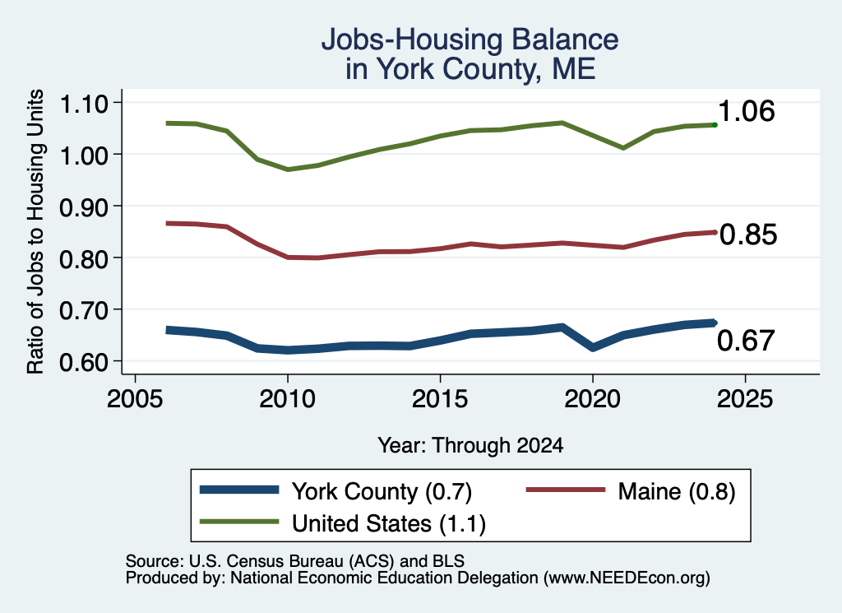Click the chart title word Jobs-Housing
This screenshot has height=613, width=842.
point(411,39)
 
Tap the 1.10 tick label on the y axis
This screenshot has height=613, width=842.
point(84,104)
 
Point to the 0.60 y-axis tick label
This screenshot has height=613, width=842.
point(84,362)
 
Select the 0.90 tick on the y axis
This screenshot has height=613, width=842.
point(84,207)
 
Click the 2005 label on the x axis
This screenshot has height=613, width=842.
point(136,398)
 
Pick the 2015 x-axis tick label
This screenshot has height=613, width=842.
point(440,398)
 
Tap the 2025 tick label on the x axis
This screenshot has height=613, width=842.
point(745,398)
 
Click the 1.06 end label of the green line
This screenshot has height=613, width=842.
point(747,111)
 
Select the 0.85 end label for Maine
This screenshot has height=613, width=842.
point(748,235)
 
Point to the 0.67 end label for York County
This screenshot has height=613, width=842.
point(746,341)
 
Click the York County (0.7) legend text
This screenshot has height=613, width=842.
point(382,491)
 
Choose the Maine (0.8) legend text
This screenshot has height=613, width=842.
point(677,491)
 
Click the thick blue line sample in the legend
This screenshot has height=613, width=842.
point(239,490)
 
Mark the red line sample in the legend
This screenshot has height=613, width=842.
point(566,490)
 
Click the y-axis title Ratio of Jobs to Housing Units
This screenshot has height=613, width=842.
point(35,231)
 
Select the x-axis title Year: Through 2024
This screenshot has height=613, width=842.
point(470,445)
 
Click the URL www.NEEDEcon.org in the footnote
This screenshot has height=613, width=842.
point(626,578)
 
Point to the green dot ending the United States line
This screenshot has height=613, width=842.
point(715,125)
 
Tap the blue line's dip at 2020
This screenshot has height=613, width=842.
point(593,347)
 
